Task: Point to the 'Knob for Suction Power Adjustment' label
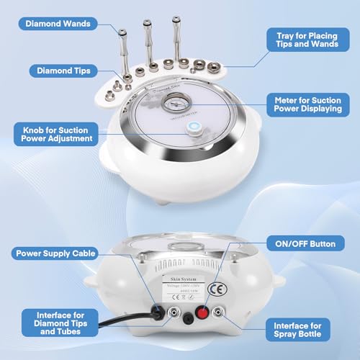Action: point(57,132)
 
